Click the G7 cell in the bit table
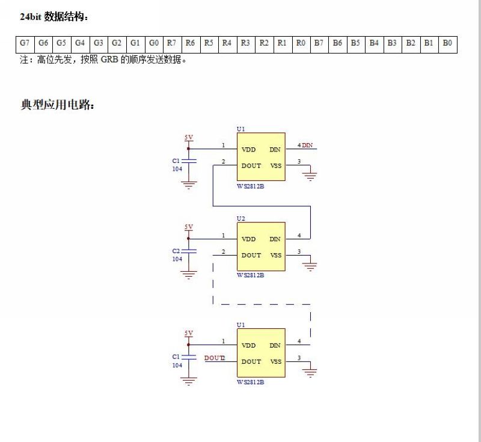pos(25,45)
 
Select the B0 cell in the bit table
pos(448,45)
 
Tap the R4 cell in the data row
pos(227,45)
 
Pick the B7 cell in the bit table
pos(319,45)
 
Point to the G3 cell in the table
pos(99,45)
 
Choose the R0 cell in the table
pos(301,45)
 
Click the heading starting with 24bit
pos(54,17)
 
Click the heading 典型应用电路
pos(57,105)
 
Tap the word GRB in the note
pos(109,59)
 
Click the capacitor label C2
pos(176,251)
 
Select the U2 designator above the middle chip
pos(241,218)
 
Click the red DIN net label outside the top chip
pos(307,145)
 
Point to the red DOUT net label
pos(214,358)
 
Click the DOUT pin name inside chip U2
pos(251,255)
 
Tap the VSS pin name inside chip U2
pos(276,255)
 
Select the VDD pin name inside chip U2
pos(248,239)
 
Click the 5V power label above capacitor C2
pos(189,227)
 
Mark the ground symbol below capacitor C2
pos(188,275)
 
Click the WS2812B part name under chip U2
pos(250,275)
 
